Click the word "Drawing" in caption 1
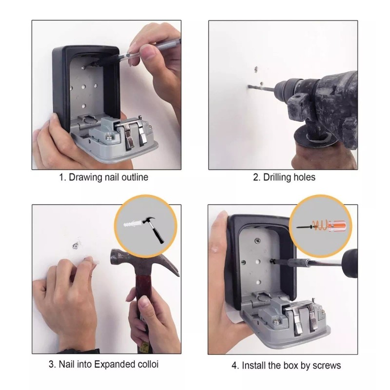86,177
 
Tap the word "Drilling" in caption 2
279,177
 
